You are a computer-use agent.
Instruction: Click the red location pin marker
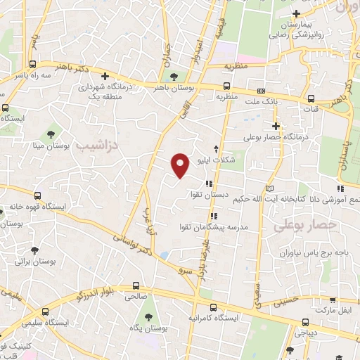click(181, 165)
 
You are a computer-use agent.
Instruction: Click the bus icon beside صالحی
click(135, 286)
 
